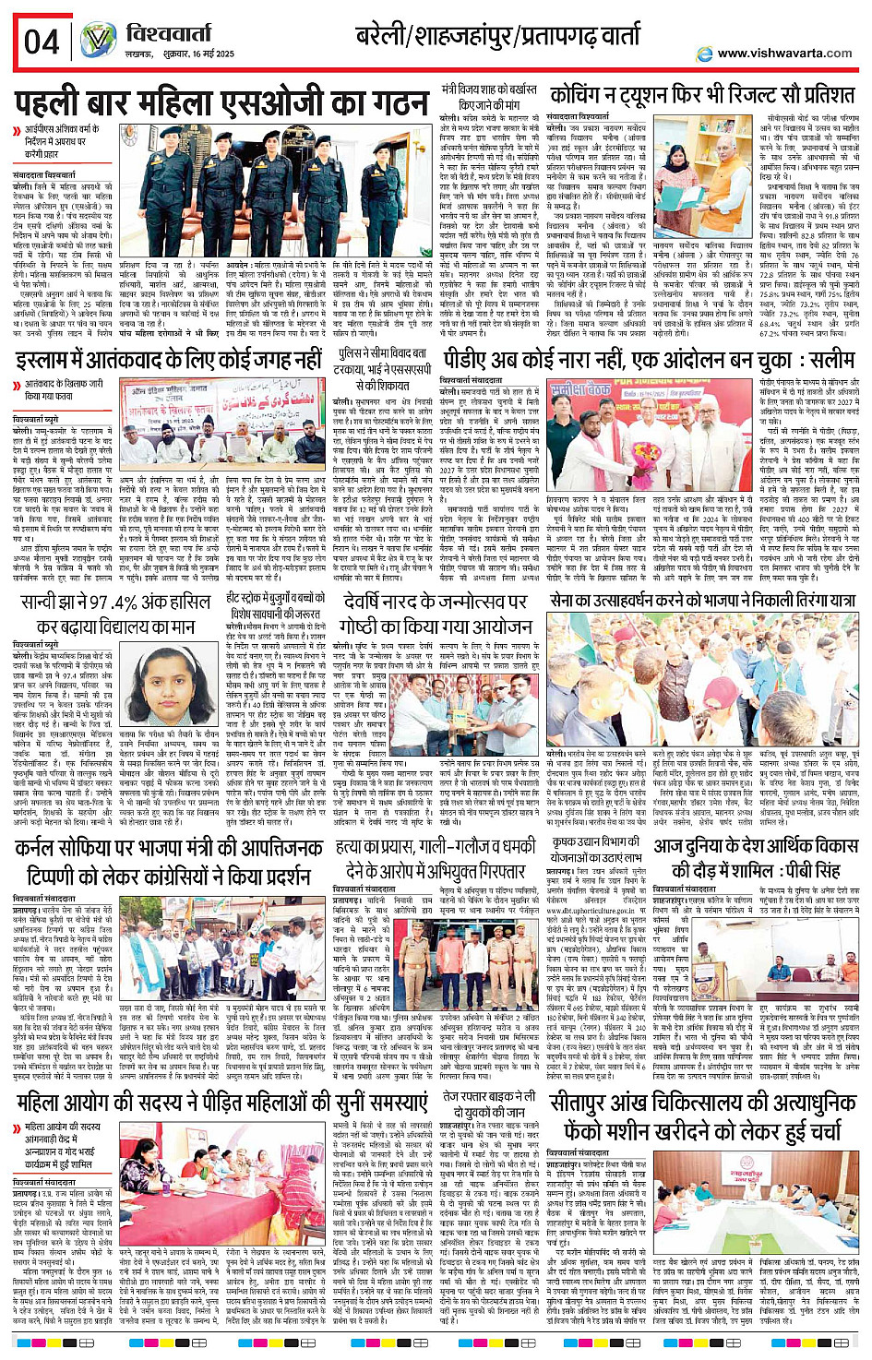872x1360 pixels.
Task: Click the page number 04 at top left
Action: pyautogui.click(x=42, y=42)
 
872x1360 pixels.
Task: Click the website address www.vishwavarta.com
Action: pyautogui.click(x=784, y=53)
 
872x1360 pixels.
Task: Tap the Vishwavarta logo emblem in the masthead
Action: pyautogui.click(x=98, y=41)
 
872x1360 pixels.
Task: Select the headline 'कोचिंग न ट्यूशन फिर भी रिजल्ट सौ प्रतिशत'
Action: pyautogui.click(x=701, y=95)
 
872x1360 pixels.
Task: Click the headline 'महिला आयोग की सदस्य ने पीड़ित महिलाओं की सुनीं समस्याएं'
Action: pyautogui.click(x=222, y=1104)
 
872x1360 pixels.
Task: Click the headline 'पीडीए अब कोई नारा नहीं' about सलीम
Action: pyautogui.click(x=649, y=360)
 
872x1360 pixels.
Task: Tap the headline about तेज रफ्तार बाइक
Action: pyautogui.click(x=488, y=1104)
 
